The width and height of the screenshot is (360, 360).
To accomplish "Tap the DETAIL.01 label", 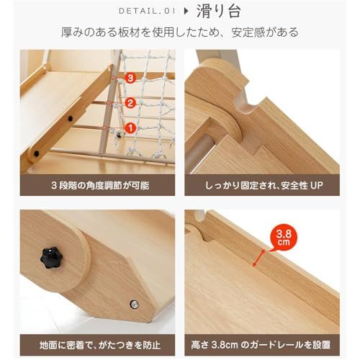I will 146,11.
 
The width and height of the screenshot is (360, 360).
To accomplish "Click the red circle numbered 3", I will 130,76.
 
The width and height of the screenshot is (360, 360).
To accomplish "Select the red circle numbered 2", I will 130,102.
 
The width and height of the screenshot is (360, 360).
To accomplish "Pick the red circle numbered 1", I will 130,128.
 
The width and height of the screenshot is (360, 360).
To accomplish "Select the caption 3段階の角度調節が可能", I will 100,185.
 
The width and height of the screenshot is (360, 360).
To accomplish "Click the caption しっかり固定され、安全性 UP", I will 262,185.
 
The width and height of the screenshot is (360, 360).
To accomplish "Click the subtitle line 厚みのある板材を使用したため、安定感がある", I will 180,32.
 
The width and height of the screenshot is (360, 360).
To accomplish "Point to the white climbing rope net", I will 148,108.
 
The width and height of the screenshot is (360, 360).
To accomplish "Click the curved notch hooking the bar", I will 252,110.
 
